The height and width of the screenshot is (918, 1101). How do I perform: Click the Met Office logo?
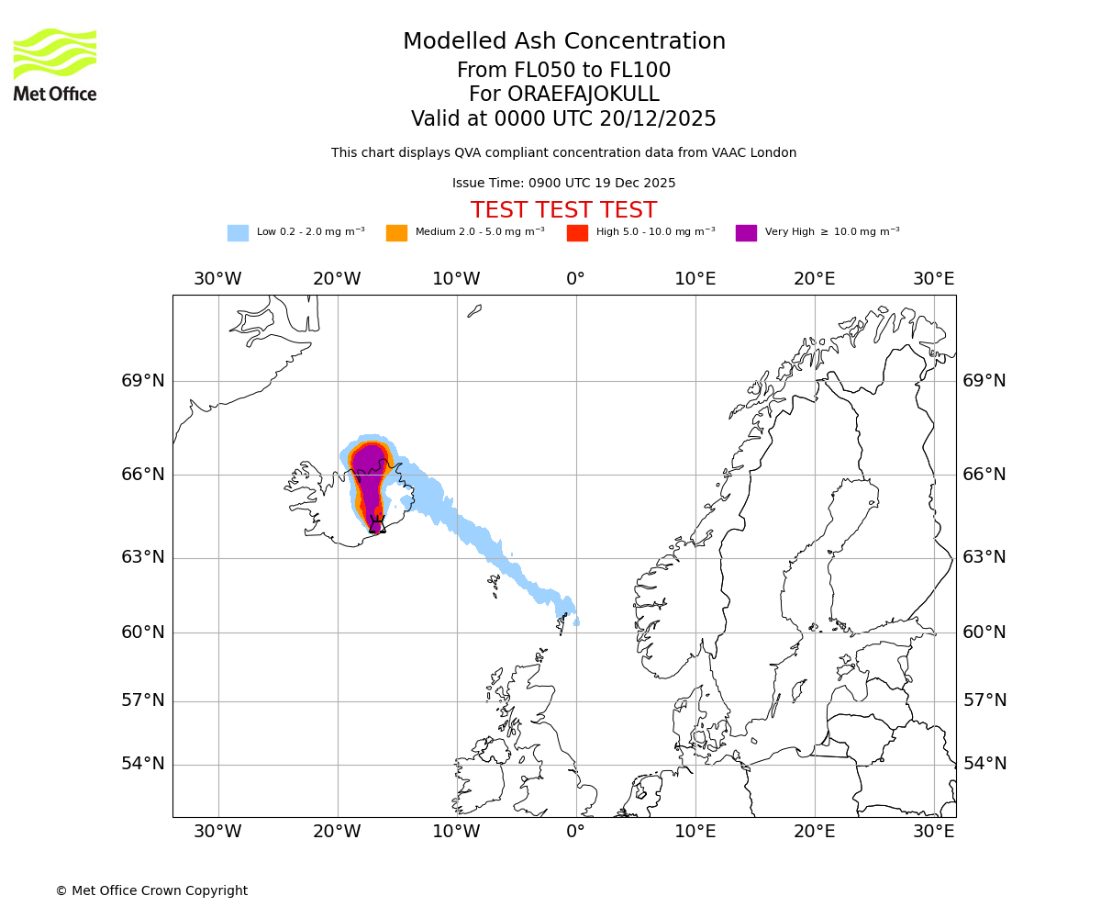pyautogui.click(x=55, y=64)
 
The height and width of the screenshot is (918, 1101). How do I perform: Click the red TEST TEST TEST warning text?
pyautogui.click(x=563, y=210)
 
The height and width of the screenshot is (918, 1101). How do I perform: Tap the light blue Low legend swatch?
pyautogui.click(x=238, y=233)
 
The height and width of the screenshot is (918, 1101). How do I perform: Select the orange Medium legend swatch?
pyautogui.click(x=396, y=233)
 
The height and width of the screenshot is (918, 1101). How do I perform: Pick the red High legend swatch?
pyautogui.click(x=577, y=233)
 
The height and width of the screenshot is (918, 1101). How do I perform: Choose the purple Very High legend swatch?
pyautogui.click(x=746, y=233)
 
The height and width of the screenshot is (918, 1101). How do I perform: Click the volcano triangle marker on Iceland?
pyautogui.click(x=376, y=525)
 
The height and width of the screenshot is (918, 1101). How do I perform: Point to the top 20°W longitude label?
pyautogui.click(x=337, y=279)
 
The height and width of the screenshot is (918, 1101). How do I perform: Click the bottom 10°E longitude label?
pyautogui.click(x=695, y=832)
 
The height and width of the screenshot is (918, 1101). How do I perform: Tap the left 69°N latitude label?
pyautogui.click(x=143, y=381)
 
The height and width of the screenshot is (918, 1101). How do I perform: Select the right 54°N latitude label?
pyautogui.click(x=984, y=764)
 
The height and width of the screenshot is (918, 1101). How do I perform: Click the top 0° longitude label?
pyautogui.click(x=575, y=279)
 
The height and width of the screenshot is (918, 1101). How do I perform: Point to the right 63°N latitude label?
pyautogui.click(x=984, y=557)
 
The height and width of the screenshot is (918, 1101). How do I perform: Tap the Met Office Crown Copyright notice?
pyautogui.click(x=151, y=890)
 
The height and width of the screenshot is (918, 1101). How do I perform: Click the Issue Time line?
pyautogui.click(x=563, y=183)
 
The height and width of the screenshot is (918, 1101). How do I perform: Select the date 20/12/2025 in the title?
pyautogui.click(x=658, y=118)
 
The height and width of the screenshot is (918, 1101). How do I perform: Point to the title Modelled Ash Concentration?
pyautogui.click(x=563, y=41)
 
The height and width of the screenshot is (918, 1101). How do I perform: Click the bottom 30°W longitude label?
pyautogui.click(x=217, y=832)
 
